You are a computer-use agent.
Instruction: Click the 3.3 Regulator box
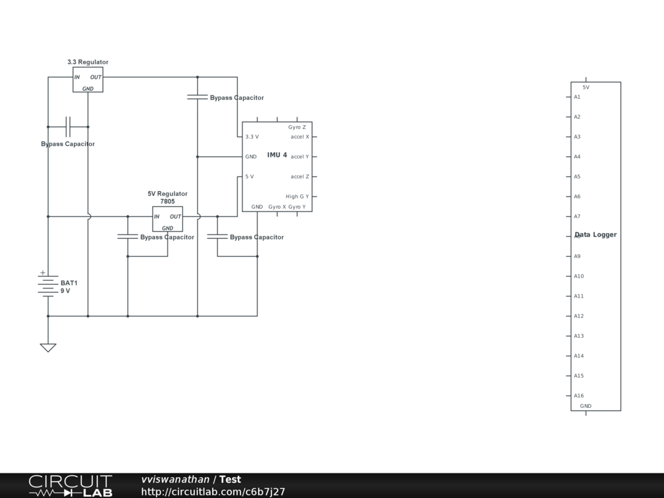88,80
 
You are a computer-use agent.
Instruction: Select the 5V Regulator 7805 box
167,219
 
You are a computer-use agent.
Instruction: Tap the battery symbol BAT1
48,284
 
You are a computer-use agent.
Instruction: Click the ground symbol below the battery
48,347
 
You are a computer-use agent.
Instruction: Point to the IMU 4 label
277,155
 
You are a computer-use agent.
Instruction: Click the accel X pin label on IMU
300,137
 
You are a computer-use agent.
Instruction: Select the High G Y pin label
297,196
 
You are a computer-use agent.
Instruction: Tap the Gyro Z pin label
297,127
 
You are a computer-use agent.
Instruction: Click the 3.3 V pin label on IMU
252,137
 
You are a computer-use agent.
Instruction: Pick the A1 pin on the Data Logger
576,97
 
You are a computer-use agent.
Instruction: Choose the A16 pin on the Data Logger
578,396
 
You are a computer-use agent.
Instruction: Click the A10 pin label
578,276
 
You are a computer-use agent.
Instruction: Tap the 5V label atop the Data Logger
586,87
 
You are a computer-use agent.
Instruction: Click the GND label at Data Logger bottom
586,406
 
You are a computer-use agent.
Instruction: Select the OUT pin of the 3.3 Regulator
95,77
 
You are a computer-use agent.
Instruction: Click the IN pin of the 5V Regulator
157,217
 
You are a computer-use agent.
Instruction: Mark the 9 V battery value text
65,291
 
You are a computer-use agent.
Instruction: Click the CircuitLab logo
70,486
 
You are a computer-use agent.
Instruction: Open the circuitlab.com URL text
213,492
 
